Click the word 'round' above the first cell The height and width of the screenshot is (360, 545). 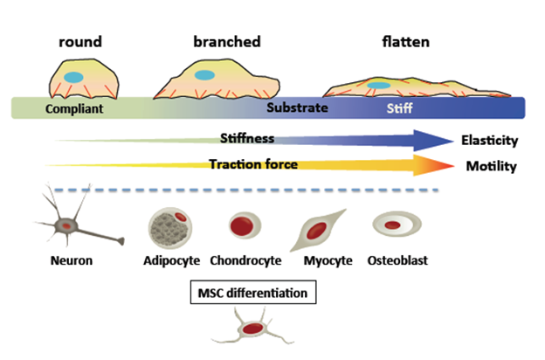[80, 41]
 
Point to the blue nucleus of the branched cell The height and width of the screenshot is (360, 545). [204, 75]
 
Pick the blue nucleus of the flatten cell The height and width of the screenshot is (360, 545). [378, 86]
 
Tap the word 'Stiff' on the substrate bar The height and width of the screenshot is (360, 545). [401, 109]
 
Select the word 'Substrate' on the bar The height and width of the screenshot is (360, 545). [296, 109]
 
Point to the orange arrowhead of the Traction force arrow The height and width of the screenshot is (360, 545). [434, 165]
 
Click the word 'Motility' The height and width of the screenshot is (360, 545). [489, 166]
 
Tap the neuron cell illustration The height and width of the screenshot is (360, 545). [67, 225]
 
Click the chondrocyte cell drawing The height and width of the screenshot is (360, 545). [245, 226]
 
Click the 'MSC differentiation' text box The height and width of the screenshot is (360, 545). [252, 293]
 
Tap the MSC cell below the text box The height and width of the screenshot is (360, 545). [253, 330]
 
